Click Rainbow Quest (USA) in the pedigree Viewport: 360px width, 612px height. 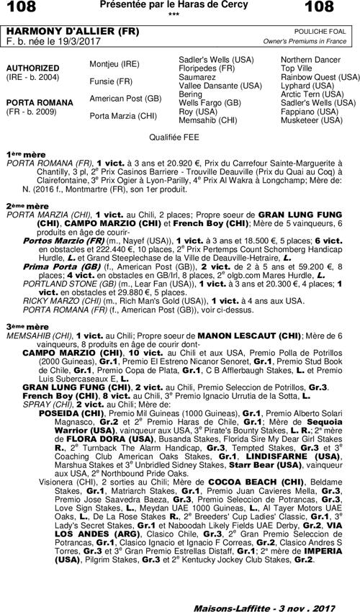click(x=320, y=76)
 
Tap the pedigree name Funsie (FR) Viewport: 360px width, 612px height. click(x=110, y=81)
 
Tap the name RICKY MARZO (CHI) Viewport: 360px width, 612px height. click(x=56, y=301)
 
